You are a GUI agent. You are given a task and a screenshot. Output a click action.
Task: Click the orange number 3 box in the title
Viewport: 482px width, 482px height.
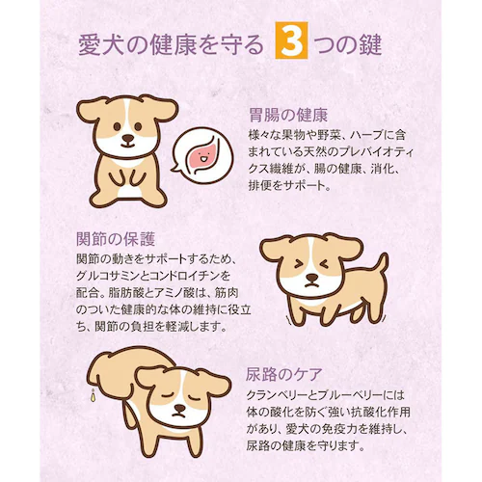click(291, 45)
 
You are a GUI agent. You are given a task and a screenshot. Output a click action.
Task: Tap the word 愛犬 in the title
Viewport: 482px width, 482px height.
click(99, 45)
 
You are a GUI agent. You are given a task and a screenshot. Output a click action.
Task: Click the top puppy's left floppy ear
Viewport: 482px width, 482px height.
click(91, 110)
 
